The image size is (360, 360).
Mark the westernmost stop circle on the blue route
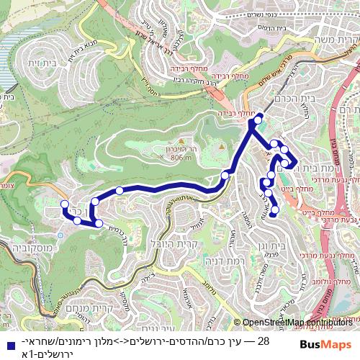point(65,204)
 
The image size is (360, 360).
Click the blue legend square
point(6,343)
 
